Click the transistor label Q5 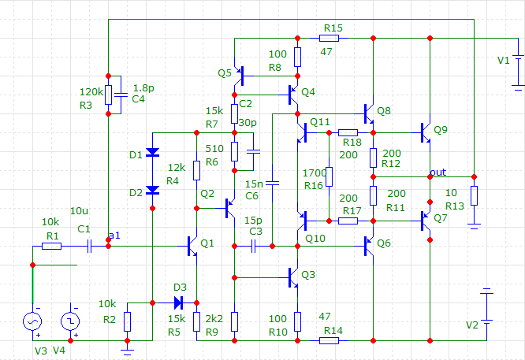[x=225, y=72]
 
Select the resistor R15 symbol [x=330, y=37]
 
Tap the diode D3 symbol [x=177, y=302]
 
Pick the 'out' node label [x=438, y=172]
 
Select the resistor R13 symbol [x=474, y=195]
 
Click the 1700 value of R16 [x=314, y=172]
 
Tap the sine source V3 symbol [x=33, y=321]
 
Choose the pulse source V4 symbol [x=71, y=321]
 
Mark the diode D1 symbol [x=152, y=152]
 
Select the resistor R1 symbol [x=51, y=246]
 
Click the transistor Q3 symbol [x=292, y=277]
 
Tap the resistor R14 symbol [x=330, y=340]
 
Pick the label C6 [x=251, y=195]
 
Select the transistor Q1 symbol [x=193, y=246]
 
